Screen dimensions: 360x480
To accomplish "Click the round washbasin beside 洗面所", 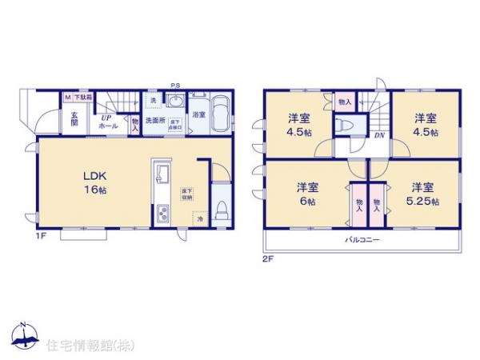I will click(175, 101).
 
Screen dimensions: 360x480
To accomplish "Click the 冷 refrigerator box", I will click(200, 218).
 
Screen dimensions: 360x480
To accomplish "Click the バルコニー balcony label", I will click(362, 239).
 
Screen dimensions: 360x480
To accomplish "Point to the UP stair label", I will click(104, 117).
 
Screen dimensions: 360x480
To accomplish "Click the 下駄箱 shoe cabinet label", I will click(83, 97).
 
